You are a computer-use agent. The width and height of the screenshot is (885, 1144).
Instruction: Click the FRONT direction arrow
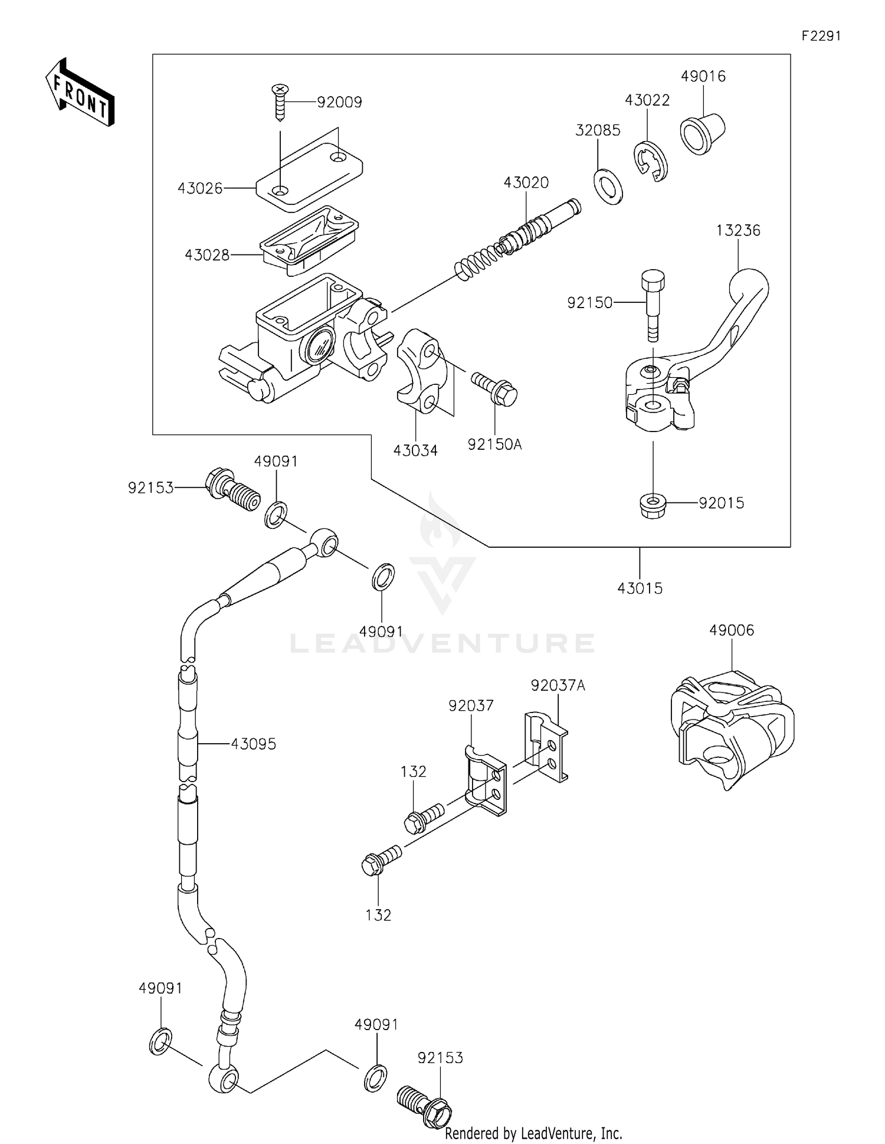tap(80, 92)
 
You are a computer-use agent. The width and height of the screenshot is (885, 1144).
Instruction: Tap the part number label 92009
tap(339, 103)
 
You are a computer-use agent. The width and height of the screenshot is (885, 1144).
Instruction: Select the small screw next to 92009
tap(280, 102)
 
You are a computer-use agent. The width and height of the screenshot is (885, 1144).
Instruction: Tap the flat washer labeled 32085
tap(608, 186)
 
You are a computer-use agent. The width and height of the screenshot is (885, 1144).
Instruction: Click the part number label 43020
tap(526, 183)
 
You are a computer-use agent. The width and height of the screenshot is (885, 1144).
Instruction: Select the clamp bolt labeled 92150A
tap(494, 390)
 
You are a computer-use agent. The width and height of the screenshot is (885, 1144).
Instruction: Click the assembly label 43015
tap(640, 588)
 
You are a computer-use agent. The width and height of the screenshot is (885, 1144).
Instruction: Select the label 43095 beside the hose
tap(253, 744)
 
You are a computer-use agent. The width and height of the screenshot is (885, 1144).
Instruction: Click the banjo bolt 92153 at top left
tap(232, 489)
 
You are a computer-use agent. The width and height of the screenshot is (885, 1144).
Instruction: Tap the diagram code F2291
tap(821, 36)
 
